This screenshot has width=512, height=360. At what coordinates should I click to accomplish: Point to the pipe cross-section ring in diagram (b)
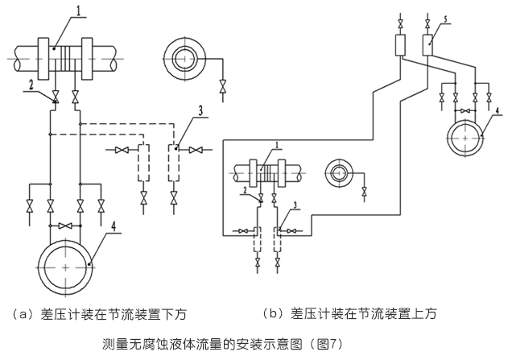pos(338,172)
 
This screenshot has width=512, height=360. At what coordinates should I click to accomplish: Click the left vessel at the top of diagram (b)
pos(398,45)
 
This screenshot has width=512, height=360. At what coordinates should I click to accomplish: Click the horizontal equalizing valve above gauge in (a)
pos(65,225)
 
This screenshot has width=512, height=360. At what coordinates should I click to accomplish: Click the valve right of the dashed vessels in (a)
pos(194,151)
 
